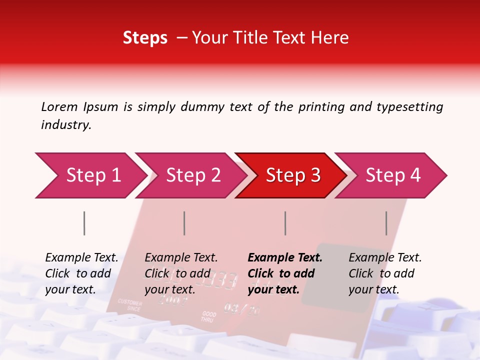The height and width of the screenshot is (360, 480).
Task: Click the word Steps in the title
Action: click(145, 38)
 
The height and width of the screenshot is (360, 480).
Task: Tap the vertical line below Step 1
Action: click(84, 223)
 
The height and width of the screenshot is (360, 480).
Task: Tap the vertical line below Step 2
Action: click(184, 223)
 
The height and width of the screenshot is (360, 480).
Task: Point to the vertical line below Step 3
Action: click(285, 223)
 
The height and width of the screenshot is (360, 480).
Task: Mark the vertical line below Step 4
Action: click(386, 223)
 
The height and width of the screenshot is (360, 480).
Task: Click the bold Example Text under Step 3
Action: click(285, 258)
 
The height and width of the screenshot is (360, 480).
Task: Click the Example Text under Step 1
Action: click(81, 258)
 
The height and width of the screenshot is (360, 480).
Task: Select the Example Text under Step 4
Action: click(385, 258)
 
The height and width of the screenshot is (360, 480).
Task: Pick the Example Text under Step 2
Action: click(181, 258)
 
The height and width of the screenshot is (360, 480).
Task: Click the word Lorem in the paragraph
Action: click(59, 106)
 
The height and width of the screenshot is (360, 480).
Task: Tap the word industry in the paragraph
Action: click(65, 125)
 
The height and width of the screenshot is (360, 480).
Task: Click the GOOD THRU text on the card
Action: click(208, 316)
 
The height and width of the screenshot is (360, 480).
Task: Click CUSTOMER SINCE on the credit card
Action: click(129, 305)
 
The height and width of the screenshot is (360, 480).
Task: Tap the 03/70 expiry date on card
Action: click(241, 308)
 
